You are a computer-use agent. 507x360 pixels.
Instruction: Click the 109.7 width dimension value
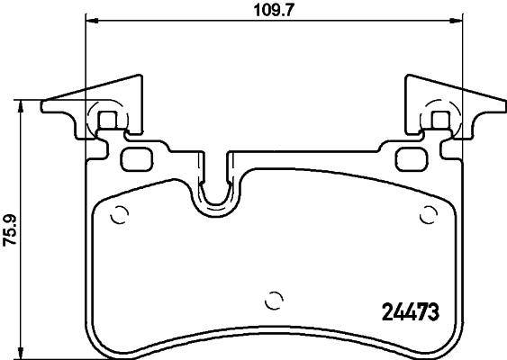coord(274,13)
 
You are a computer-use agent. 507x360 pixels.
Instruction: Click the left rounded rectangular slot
coord(139,159)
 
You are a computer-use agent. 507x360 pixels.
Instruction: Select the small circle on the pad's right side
coord(429,215)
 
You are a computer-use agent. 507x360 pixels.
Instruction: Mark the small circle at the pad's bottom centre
coord(276,301)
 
